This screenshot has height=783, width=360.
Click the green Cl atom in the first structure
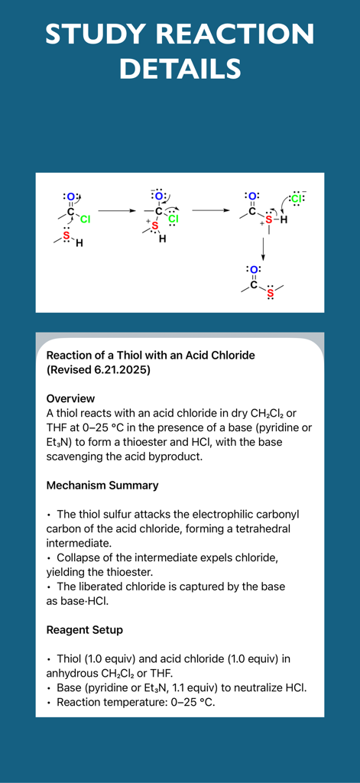point(85,219)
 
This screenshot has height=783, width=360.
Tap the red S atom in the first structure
point(66,236)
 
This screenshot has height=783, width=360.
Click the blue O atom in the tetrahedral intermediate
point(158,197)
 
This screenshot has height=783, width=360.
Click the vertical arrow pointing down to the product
point(262,248)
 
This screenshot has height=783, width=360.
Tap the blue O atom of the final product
point(254,270)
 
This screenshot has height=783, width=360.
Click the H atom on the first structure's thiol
point(79,244)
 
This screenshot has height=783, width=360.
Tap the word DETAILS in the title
point(180,69)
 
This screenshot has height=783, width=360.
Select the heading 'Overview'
point(70,398)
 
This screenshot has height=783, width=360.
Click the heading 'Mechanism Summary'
point(102,486)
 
